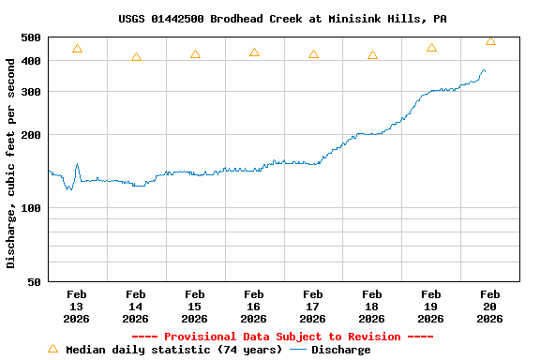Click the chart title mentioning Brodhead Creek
tap(282, 19)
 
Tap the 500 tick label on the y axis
tap(31, 37)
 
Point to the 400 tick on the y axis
tap(31, 61)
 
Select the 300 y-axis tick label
tap(31, 92)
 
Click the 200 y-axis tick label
tap(31, 135)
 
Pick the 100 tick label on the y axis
tap(31, 208)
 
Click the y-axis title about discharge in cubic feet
tap(11, 162)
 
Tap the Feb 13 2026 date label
tap(77, 306)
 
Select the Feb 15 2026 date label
tap(195, 306)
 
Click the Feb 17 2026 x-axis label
tap(313, 306)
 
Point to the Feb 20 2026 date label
tap(489, 306)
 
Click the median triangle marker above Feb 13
tap(77, 49)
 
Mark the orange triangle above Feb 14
tap(136, 57)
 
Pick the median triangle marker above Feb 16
tap(254, 52)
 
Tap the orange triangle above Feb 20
tap(490, 40)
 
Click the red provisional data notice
tap(282, 337)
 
